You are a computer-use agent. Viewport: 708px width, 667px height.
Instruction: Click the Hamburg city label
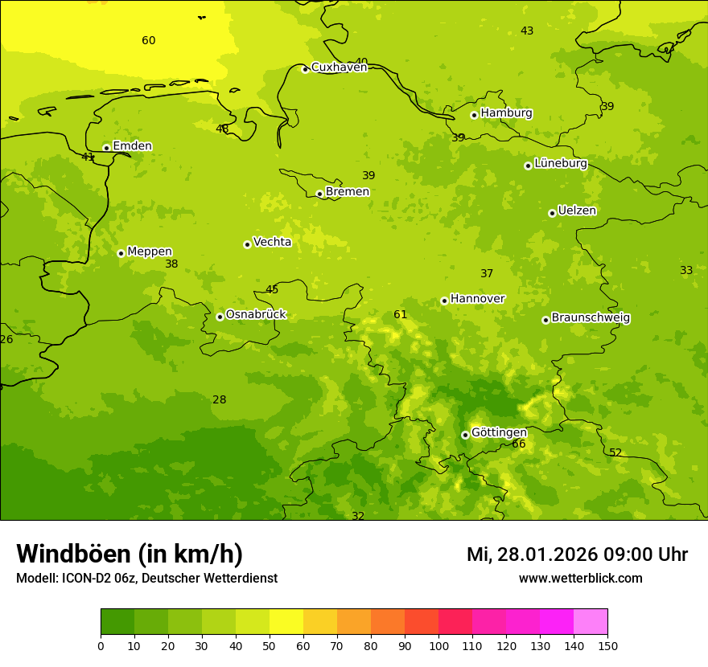pyautogui.click(x=506, y=113)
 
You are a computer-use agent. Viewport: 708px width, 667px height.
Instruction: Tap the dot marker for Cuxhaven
pyautogui.click(x=305, y=69)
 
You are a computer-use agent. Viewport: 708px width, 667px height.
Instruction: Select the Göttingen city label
pyautogui.click(x=499, y=432)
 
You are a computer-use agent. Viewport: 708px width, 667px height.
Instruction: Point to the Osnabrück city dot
pyautogui.click(x=220, y=317)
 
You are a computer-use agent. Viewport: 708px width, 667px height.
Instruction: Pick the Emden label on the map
pyautogui.click(x=132, y=145)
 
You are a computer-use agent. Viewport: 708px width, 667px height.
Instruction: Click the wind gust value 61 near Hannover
pyautogui.click(x=401, y=314)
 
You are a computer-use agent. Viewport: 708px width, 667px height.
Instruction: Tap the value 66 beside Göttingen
pyautogui.click(x=519, y=444)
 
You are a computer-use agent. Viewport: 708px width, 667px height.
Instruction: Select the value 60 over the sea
pyautogui.click(x=149, y=40)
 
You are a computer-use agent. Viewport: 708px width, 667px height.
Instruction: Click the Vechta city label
pyautogui.click(x=272, y=242)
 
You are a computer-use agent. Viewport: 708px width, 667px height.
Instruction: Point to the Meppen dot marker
pyautogui.click(x=121, y=253)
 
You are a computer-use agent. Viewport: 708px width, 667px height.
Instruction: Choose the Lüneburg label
pyautogui.click(x=561, y=163)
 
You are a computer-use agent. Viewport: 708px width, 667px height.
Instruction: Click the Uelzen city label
pyautogui.click(x=577, y=211)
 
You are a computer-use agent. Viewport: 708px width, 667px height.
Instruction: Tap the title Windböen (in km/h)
pyautogui.click(x=130, y=554)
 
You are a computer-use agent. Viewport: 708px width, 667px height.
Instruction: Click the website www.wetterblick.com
pyautogui.click(x=580, y=578)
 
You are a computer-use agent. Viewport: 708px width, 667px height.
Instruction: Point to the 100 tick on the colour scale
pyautogui.click(x=438, y=644)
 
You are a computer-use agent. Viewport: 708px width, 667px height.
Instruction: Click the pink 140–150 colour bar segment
pyautogui.click(x=591, y=622)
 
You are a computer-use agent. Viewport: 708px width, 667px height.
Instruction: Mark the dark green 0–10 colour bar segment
pyautogui.click(x=117, y=622)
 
